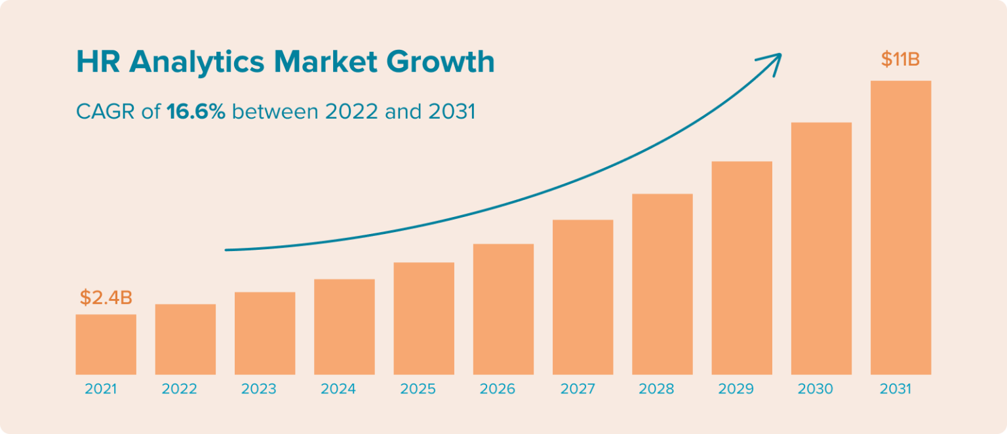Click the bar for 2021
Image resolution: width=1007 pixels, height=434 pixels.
pyautogui.click(x=106, y=345)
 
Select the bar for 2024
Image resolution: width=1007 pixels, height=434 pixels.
pyautogui.click(x=344, y=327)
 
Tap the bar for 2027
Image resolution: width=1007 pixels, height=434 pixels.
pyautogui.click(x=583, y=297)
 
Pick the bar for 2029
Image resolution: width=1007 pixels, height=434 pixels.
pyautogui.click(x=741, y=268)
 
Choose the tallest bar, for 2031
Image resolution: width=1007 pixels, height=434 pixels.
pyautogui.click(x=901, y=227)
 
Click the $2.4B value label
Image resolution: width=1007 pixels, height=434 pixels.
pyautogui.click(x=106, y=298)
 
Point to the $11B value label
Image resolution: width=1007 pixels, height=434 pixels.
pyautogui.click(x=900, y=60)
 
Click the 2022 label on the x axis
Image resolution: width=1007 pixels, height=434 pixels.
pyautogui.click(x=180, y=389)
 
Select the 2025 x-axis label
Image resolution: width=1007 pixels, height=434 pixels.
pyautogui.click(x=418, y=389)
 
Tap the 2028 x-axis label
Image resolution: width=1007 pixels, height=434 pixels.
pyautogui.click(x=656, y=389)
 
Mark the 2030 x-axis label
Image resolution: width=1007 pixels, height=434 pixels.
pyautogui.click(x=815, y=389)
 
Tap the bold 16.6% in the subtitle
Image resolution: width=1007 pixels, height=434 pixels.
pyautogui.click(x=196, y=112)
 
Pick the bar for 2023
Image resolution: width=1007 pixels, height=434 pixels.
pyautogui.click(x=265, y=333)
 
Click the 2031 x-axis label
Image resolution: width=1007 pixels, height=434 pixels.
pyautogui.click(x=896, y=389)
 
